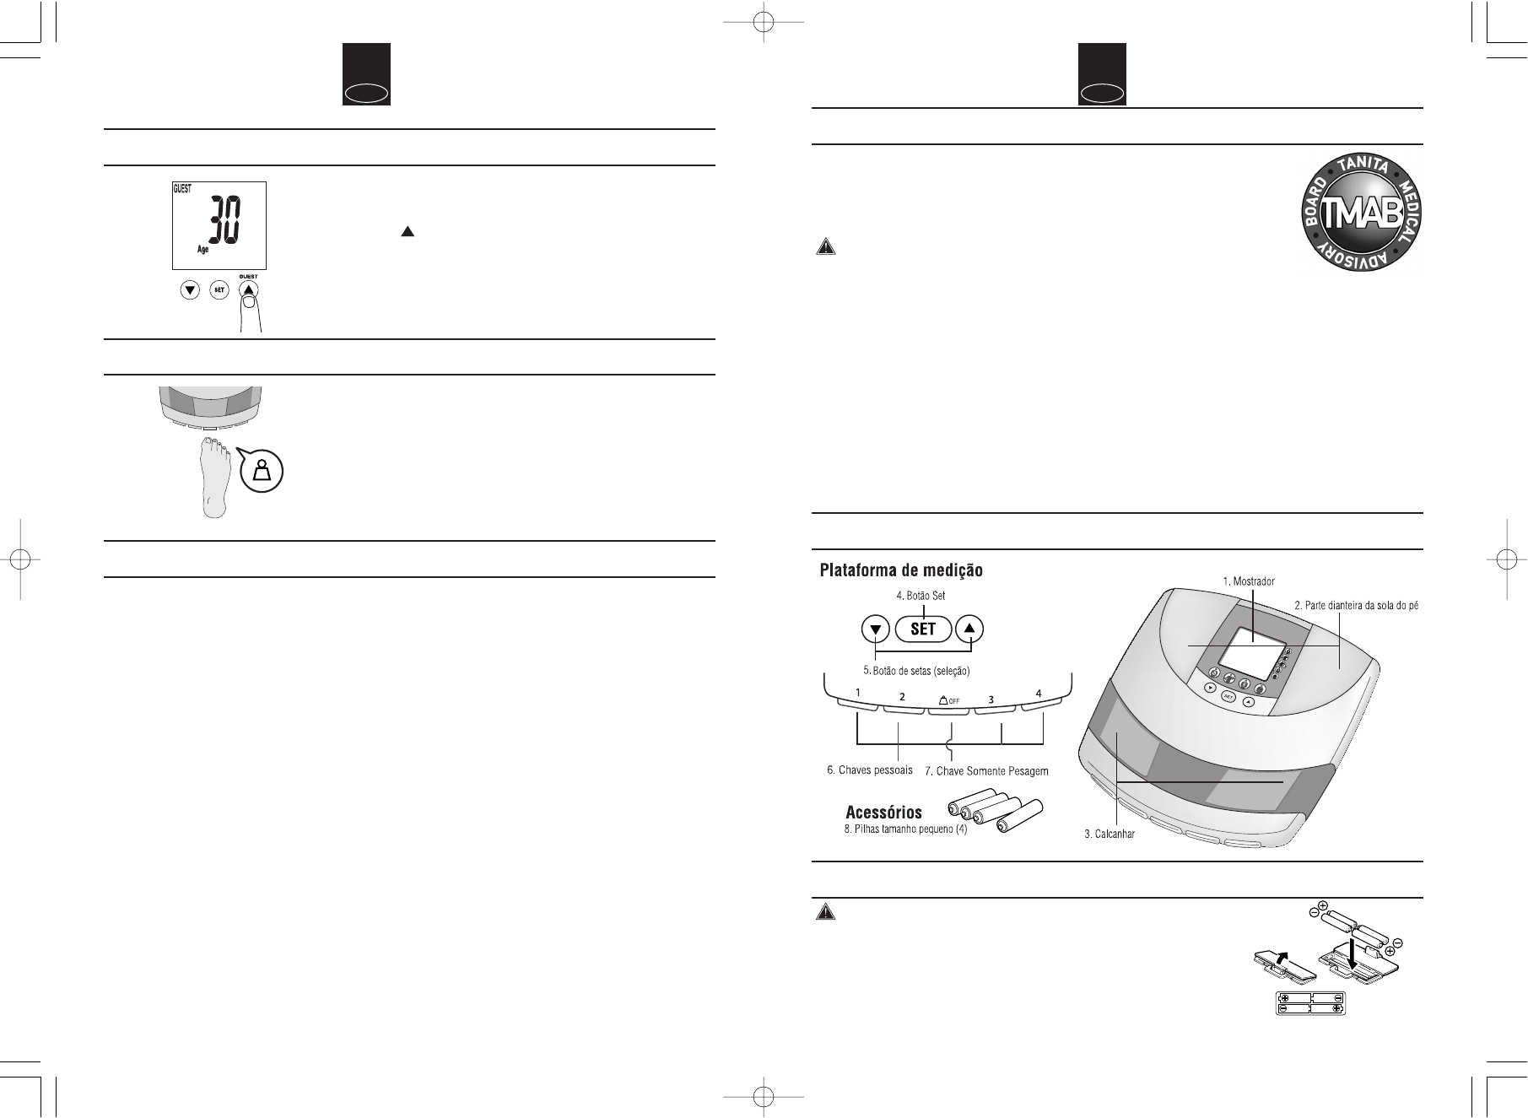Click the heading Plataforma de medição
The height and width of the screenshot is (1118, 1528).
[902, 571]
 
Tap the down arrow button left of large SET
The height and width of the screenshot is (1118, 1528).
[876, 629]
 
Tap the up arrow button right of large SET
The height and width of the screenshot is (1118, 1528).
[970, 629]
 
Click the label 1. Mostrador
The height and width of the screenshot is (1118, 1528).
[1248, 581]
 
